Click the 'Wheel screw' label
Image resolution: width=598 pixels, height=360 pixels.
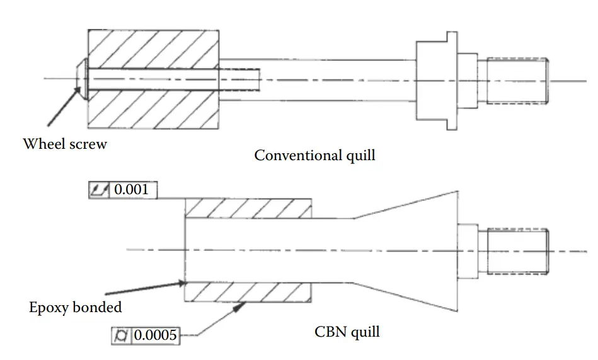[x=65, y=144]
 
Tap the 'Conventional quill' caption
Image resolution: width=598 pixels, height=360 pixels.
[x=314, y=154]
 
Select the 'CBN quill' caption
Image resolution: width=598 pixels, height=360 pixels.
[x=347, y=331]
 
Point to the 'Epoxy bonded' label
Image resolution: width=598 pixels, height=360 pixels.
[x=76, y=308]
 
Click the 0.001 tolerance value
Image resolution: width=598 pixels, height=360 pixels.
[x=133, y=189]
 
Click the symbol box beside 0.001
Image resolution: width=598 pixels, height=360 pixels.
[x=100, y=189]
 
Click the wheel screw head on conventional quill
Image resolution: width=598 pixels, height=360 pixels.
[x=81, y=79]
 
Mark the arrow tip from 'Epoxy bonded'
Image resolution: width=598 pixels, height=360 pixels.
[x=183, y=282]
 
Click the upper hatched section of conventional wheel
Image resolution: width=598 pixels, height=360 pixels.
[x=154, y=48]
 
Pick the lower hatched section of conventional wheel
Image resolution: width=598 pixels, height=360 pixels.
[x=154, y=110]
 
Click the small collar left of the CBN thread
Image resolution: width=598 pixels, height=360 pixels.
[x=467, y=250]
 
